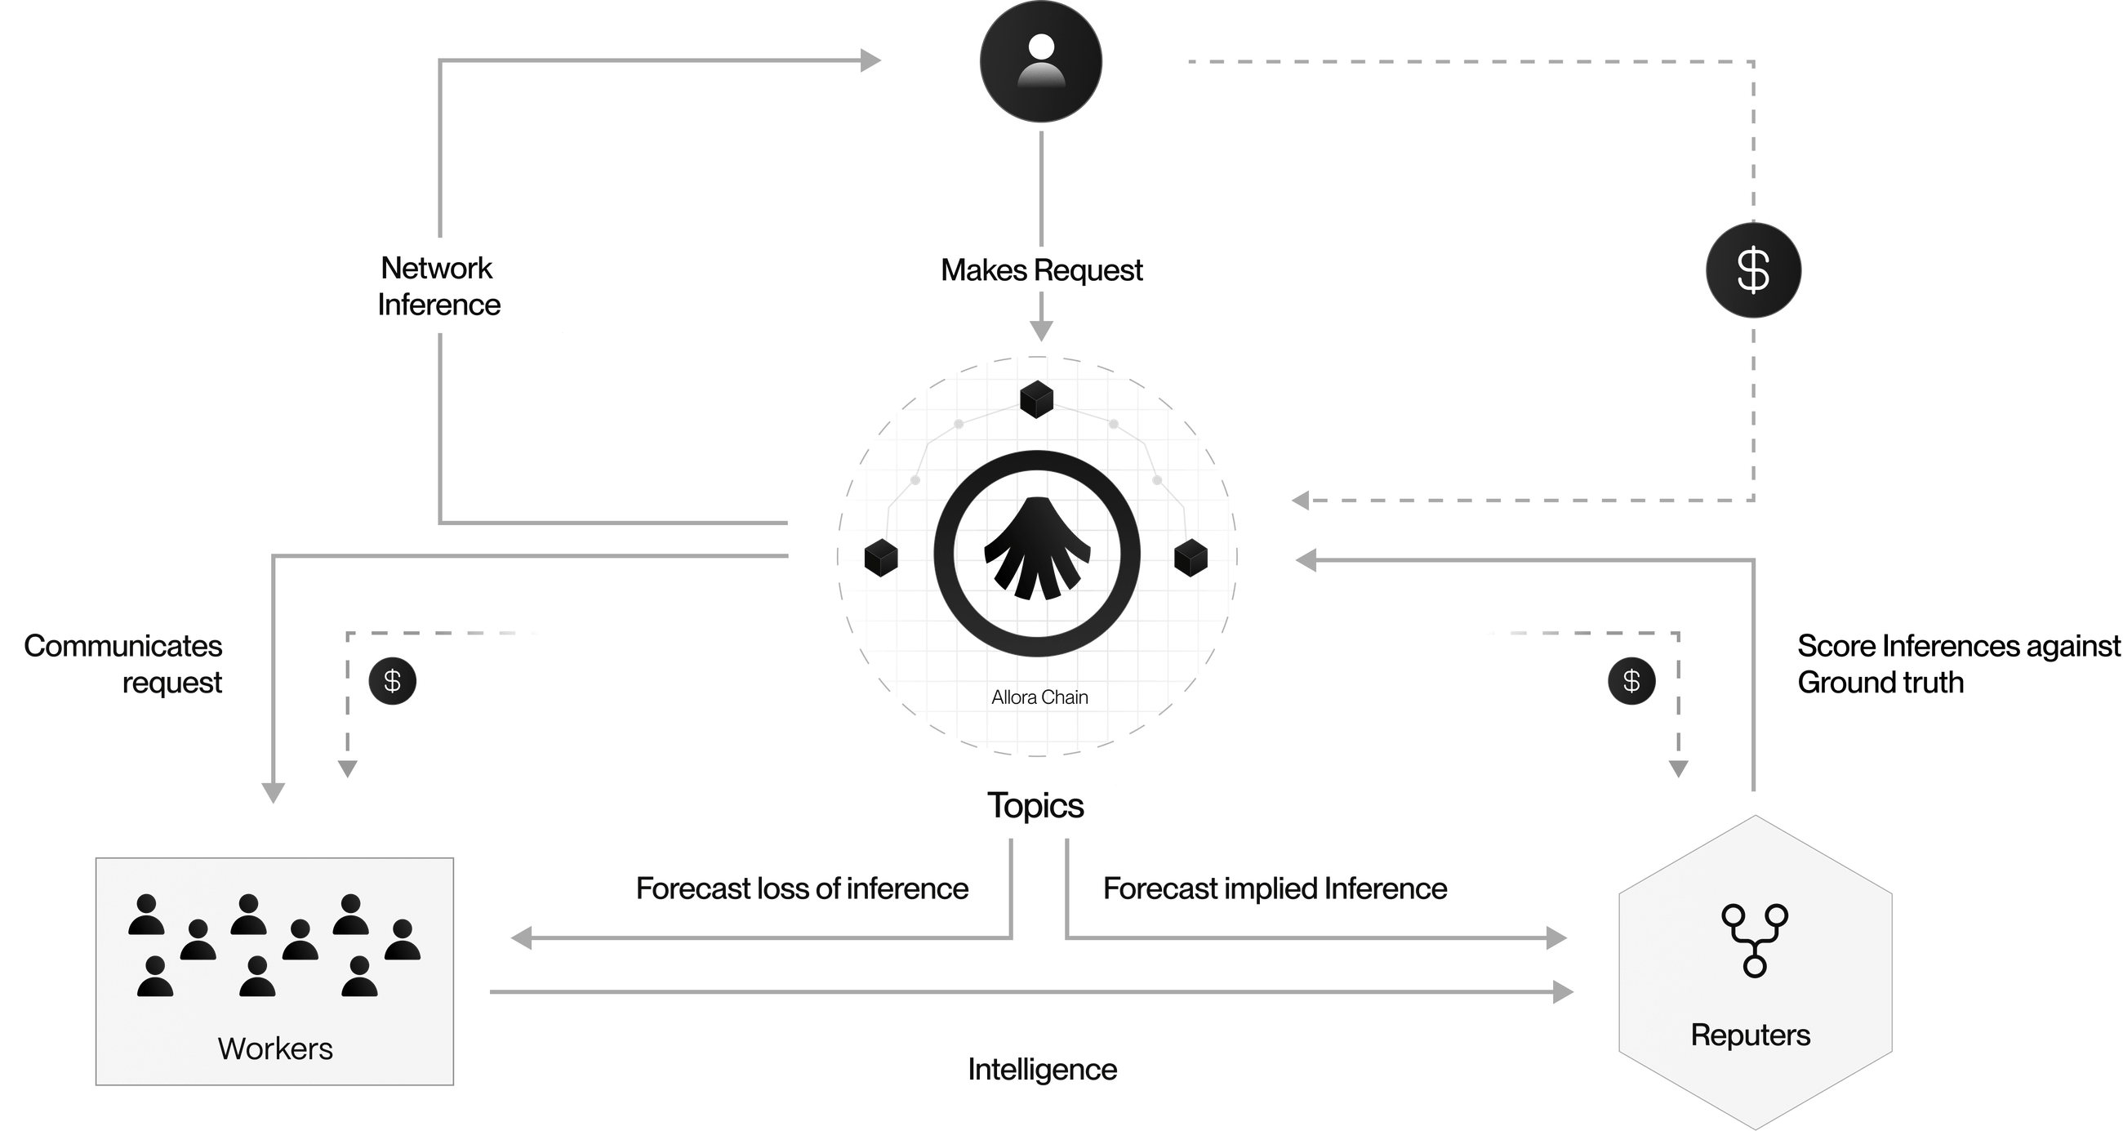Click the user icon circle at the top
1040,62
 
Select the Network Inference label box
438,285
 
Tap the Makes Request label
1042,269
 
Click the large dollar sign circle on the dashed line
1753,269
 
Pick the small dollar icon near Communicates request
392,681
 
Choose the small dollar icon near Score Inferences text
1631,681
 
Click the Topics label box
1042,802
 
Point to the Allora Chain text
1040,697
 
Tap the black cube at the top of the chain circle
1036,400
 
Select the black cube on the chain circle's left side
880,558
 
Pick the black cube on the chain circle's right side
1190,558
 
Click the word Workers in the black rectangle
275,1049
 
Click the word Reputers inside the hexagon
1751,1035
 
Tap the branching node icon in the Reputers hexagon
1755,939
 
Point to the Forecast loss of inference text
802,888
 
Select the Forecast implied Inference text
1275,888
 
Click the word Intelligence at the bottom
1042,1070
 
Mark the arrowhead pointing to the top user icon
870,60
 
